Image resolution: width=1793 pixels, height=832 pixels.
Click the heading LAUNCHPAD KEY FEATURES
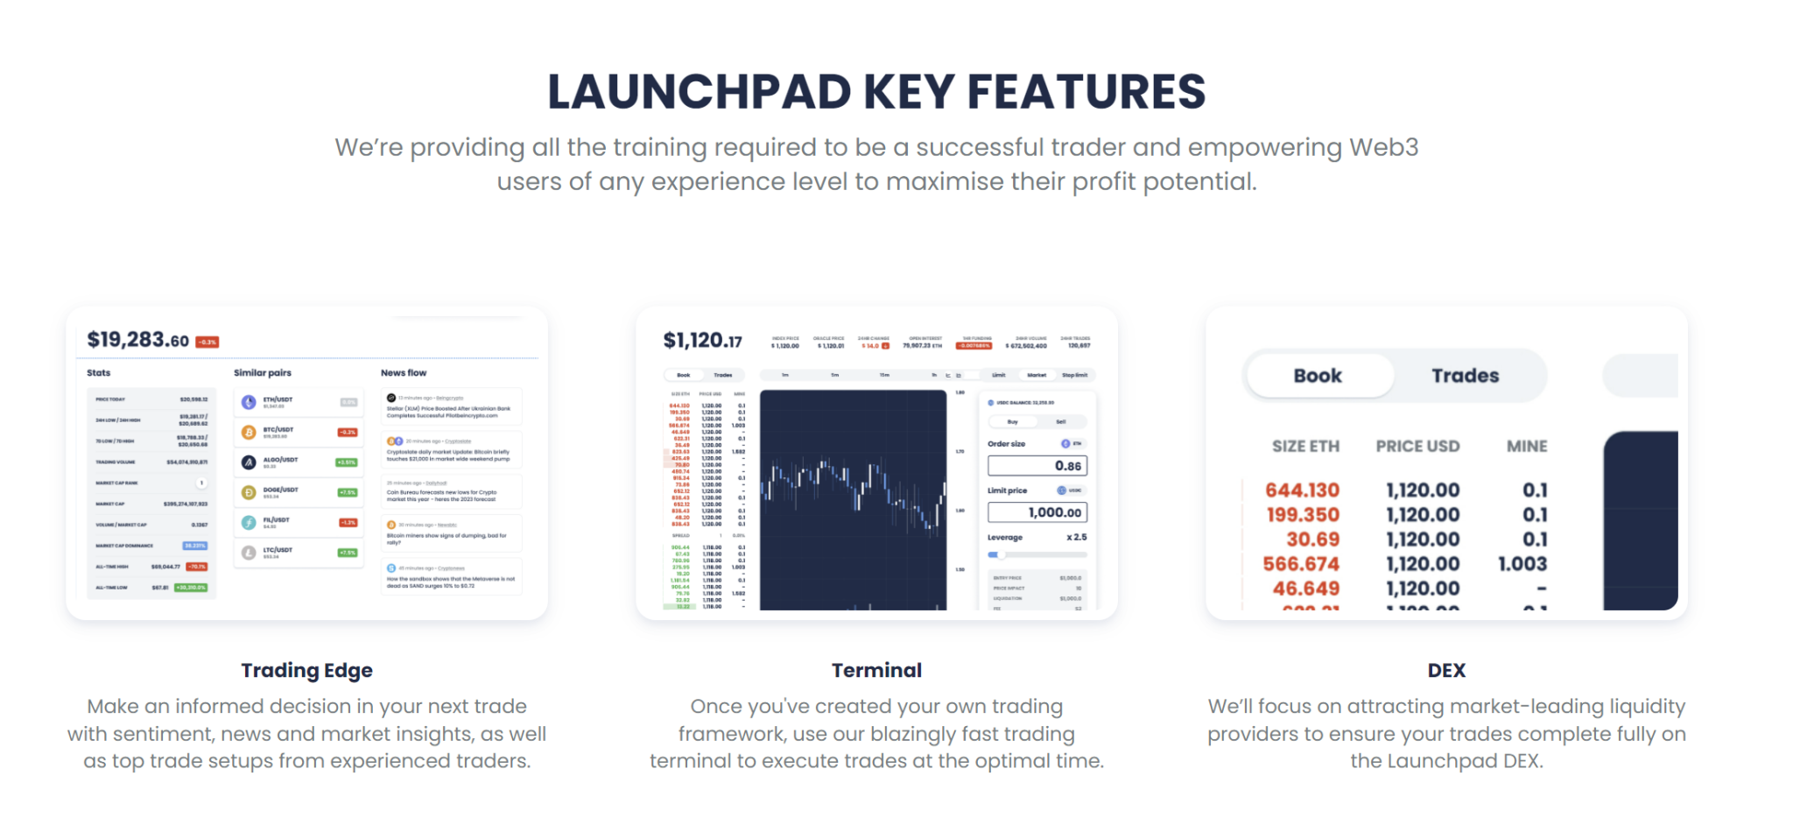[876, 92]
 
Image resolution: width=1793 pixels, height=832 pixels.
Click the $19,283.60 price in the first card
[137, 340]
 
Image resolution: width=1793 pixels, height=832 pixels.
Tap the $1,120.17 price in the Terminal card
[702, 341]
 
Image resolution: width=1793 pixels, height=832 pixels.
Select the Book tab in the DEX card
[1318, 376]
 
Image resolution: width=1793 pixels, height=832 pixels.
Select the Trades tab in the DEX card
[1465, 376]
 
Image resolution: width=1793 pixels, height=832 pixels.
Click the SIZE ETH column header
[1305, 447]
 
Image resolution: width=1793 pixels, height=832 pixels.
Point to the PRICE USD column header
[1417, 447]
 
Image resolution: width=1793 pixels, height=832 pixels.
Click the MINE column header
[1526, 447]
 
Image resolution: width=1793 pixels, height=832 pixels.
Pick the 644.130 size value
[1302, 490]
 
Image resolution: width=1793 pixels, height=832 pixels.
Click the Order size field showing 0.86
[1037, 466]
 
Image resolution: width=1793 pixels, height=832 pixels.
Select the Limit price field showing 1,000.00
[1037, 512]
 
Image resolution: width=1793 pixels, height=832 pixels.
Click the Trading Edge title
[306, 671]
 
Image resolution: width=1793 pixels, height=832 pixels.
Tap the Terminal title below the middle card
[876, 671]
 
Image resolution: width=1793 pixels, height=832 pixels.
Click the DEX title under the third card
[1446, 671]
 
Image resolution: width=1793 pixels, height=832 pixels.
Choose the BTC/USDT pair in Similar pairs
[278, 431]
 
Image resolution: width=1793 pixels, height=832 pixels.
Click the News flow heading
[404, 373]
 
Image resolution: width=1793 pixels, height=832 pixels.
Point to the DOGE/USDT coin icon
[249, 492]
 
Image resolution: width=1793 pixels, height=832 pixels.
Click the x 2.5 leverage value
[1076, 538]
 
